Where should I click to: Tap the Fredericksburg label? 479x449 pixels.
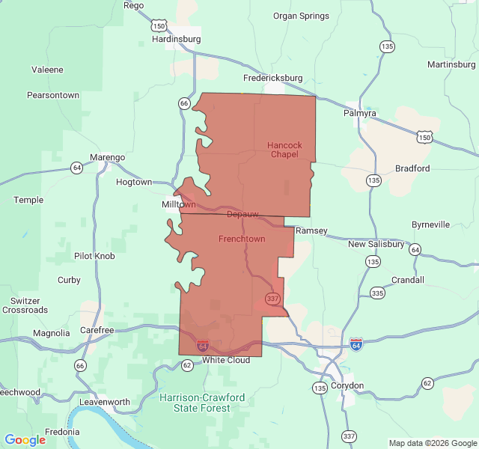272,77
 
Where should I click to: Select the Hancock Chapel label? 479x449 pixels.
284,150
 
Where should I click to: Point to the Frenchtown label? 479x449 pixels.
242,239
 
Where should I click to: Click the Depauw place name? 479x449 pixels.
242,214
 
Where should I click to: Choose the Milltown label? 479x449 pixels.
179,204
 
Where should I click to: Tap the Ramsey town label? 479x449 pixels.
311,230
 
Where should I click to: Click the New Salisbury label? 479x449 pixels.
376,244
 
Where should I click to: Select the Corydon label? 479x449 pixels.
347,385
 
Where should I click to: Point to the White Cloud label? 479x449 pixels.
226,360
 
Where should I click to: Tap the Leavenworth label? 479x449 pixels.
106,402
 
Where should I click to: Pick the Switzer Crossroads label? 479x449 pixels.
25,305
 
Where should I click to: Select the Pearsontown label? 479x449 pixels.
53,95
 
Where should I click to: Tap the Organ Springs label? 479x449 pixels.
301,16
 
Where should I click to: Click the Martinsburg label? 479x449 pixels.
451,64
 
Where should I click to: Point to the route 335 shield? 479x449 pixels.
378,294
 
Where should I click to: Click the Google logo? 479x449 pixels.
25,439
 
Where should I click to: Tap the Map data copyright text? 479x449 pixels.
432,443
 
